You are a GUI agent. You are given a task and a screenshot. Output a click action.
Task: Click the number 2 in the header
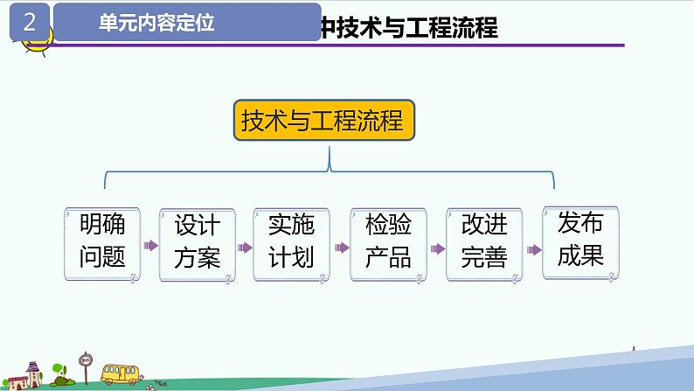click(30, 23)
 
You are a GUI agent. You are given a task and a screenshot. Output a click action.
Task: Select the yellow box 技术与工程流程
click(323, 120)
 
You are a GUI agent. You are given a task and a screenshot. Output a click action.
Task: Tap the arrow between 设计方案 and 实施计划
click(246, 247)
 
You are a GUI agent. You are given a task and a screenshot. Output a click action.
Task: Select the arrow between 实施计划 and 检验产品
click(341, 247)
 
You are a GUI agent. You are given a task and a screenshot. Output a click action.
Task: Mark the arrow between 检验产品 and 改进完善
click(436, 248)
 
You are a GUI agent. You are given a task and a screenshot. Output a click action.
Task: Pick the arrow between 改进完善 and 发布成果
click(531, 248)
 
